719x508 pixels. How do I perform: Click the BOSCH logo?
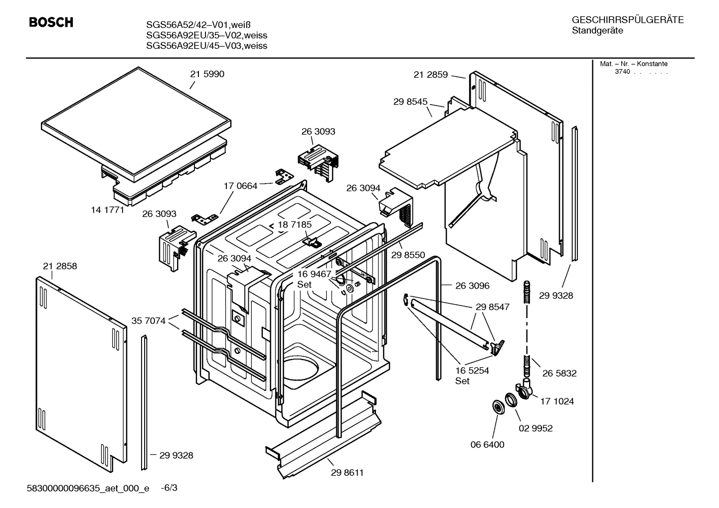click(51, 22)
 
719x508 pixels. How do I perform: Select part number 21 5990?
click(207, 74)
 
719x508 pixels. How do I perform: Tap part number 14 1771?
click(107, 210)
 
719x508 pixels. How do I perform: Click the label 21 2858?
click(60, 266)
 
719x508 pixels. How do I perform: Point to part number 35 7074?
click(148, 321)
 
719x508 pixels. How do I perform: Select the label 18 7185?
click(295, 225)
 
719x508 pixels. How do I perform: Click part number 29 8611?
click(347, 473)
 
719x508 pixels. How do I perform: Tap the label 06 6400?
click(487, 445)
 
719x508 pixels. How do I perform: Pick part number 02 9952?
click(536, 428)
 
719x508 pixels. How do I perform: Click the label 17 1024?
click(557, 401)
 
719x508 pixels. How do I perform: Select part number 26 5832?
click(559, 373)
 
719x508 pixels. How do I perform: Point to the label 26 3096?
click(472, 286)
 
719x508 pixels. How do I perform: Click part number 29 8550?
click(408, 255)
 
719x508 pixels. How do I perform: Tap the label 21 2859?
click(431, 75)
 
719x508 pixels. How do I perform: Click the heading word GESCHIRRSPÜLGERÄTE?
click(627, 20)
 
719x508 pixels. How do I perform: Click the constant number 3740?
click(622, 72)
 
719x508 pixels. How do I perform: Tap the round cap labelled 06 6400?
click(498, 407)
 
